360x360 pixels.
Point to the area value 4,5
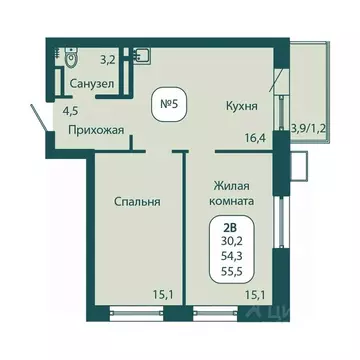tap(70, 111)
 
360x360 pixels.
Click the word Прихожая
tap(96, 130)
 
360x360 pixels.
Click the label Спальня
tap(138, 201)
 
